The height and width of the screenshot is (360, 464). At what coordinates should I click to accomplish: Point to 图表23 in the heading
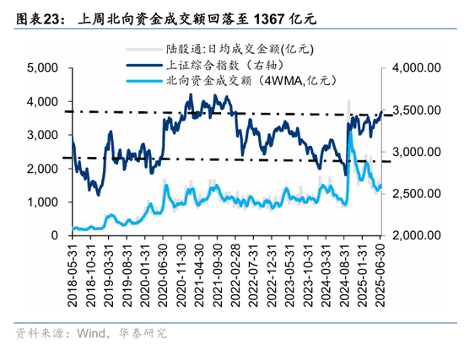(x=36, y=16)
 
